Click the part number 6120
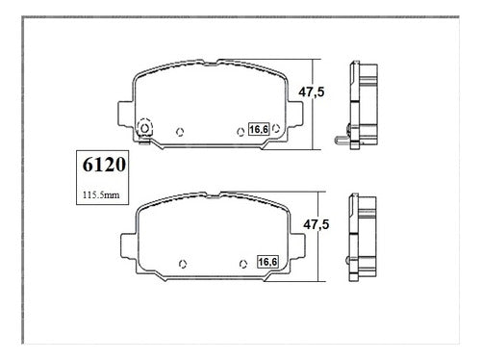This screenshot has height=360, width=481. [x=104, y=165]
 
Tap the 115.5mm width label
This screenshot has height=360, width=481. [x=101, y=194]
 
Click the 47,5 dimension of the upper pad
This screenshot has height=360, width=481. [x=312, y=92]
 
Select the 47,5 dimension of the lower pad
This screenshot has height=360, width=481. [x=316, y=224]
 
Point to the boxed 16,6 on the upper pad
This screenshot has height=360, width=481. [x=259, y=129]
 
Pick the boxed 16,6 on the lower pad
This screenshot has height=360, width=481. [x=268, y=262]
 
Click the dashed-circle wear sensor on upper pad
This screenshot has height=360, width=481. [x=144, y=128]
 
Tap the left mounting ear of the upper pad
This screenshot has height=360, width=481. [x=125, y=113]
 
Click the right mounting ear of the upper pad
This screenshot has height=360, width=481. [x=295, y=113]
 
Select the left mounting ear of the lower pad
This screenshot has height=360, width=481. [x=129, y=245]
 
